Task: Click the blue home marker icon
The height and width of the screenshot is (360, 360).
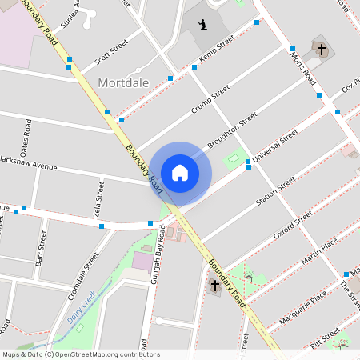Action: pos(180,173)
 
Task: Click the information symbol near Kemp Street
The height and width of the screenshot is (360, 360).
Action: pos(203,25)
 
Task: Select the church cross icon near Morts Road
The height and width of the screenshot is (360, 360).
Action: pos(322,50)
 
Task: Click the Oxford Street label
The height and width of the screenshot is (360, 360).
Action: pos(293,225)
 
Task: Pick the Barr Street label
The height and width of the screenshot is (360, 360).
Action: pos(42,250)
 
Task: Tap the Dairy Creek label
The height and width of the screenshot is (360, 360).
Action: pos(82,306)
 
